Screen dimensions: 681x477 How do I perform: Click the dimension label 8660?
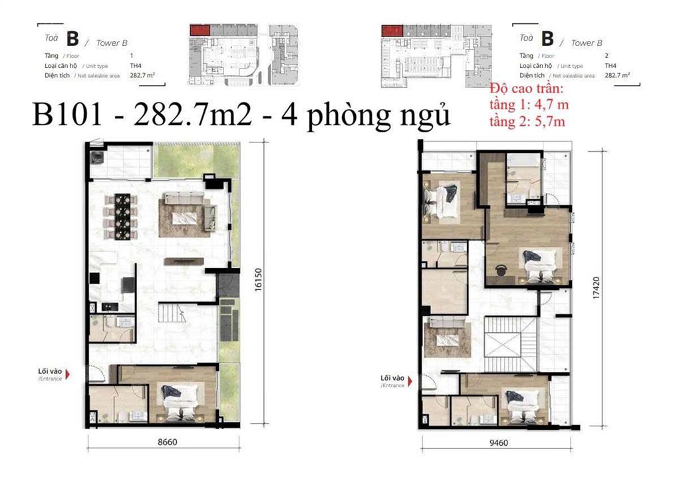pyautogui.click(x=167, y=442)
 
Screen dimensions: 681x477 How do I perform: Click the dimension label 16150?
pyautogui.click(x=258, y=280)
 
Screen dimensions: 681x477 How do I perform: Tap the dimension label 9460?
pyautogui.click(x=498, y=442)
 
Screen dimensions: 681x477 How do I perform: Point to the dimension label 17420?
pyautogui.click(x=596, y=287)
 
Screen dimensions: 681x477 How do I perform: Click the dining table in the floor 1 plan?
pyautogui.click(x=122, y=216)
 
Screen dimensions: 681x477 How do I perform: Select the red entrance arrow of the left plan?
pyautogui.click(x=67, y=374)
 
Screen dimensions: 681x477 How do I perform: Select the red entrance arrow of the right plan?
pyautogui.click(x=410, y=381)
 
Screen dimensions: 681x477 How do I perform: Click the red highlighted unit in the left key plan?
pyautogui.click(x=200, y=30)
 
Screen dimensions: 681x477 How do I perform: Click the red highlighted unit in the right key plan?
pyautogui.click(x=392, y=31)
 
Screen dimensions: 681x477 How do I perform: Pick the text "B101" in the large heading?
pyautogui.click(x=67, y=115)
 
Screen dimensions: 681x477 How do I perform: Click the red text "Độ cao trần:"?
pyautogui.click(x=526, y=88)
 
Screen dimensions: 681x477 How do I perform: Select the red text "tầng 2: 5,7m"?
pyautogui.click(x=527, y=121)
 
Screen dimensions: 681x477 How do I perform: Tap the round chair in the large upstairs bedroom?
pyautogui.click(x=501, y=270)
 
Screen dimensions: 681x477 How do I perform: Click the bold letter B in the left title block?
pyautogui.click(x=72, y=39)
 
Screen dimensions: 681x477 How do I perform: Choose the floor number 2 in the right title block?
pyautogui.click(x=607, y=56)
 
